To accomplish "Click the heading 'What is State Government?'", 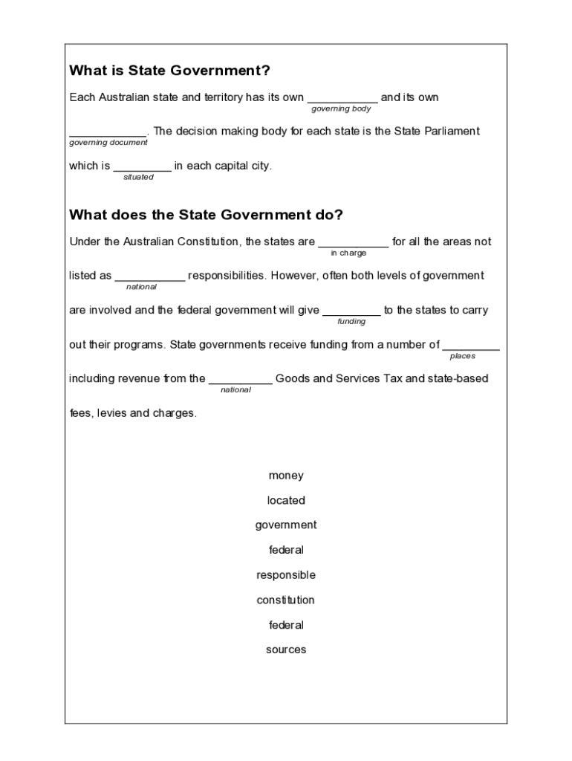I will pyautogui.click(x=169, y=71).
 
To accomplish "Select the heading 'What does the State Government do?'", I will pyautogui.click(x=206, y=216).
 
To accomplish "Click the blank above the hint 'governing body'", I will pyautogui.click(x=342, y=99).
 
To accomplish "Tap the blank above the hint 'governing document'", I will pyautogui.click(x=108, y=133).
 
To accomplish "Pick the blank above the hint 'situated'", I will pyautogui.click(x=142, y=167).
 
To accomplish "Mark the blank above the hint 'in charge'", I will pyautogui.click(x=353, y=243).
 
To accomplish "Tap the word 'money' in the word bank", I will pyautogui.click(x=286, y=476).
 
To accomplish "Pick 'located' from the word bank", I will pyautogui.click(x=286, y=501).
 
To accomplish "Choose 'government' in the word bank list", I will pyautogui.click(x=286, y=525).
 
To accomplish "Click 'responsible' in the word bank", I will pyautogui.click(x=286, y=575).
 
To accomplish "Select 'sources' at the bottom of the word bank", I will pyautogui.click(x=286, y=650).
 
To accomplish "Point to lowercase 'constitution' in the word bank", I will pyautogui.click(x=286, y=600).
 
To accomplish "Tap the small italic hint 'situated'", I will pyautogui.click(x=138, y=177).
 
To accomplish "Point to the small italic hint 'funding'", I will pyautogui.click(x=351, y=322).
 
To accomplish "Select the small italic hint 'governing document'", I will pyautogui.click(x=108, y=143).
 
